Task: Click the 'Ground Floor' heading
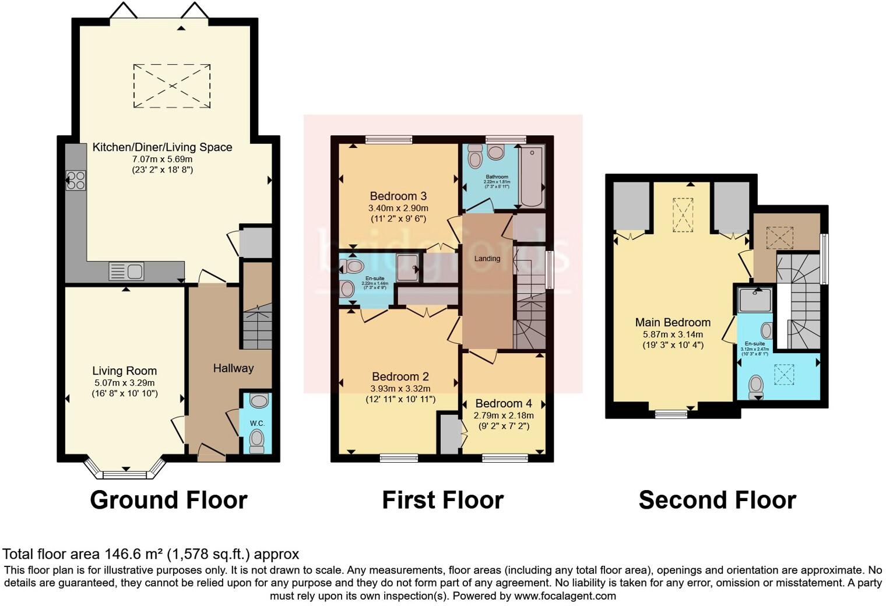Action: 168,500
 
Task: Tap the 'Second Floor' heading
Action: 717,500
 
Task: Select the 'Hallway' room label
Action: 233,368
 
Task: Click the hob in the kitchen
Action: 76,180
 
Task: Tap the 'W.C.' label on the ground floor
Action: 257,423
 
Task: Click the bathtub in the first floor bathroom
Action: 531,177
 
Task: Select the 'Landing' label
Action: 487,259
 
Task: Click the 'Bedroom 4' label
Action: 504,403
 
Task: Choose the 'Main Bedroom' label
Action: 673,322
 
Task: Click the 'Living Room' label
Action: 124,371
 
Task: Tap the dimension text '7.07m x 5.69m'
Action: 162,159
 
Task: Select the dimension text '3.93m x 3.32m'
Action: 400,389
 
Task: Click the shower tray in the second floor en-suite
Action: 755,301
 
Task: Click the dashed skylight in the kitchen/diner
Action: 172,86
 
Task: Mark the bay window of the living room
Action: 125,470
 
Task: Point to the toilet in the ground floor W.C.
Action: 256,441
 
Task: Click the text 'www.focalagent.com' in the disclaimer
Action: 565,596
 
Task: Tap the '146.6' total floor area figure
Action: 121,554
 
